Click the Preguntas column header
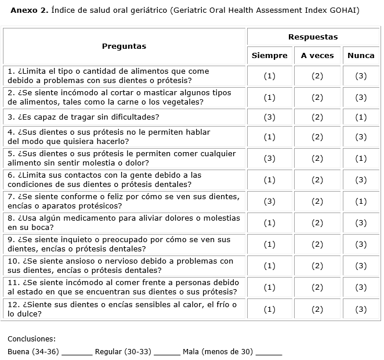click(x=124, y=46)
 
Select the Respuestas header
click(x=313, y=37)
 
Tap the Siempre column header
click(x=269, y=56)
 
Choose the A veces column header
click(x=317, y=56)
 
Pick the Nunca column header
click(x=361, y=56)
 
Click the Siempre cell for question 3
click(x=269, y=117)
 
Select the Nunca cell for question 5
click(x=361, y=159)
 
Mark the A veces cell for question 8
click(x=317, y=223)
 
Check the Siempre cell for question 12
click(x=269, y=309)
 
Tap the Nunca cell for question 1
click(x=361, y=76)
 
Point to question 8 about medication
click(x=124, y=223)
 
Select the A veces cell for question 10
click(x=317, y=266)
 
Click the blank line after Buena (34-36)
click(x=77, y=352)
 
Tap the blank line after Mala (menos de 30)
click(x=269, y=352)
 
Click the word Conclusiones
click(x=31, y=339)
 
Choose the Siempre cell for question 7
click(x=269, y=201)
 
